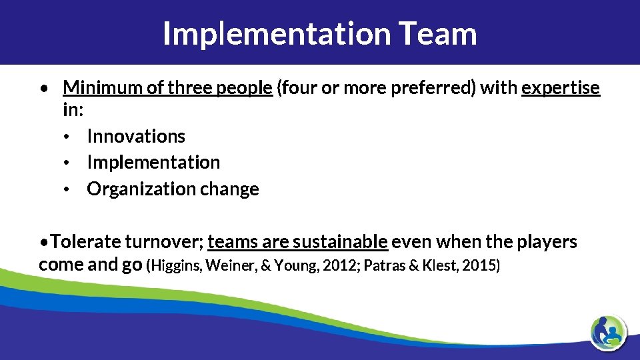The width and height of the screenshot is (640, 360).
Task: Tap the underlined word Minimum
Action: tap(98, 88)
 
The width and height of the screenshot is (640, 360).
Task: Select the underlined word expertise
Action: tap(561, 88)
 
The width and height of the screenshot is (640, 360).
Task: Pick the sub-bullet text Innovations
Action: tap(136, 136)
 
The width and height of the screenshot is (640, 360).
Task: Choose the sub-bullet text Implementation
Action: tap(153, 162)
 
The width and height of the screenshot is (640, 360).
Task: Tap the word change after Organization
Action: tap(229, 189)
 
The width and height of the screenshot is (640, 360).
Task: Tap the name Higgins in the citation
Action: tap(177, 265)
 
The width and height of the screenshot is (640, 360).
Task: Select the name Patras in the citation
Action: tap(383, 265)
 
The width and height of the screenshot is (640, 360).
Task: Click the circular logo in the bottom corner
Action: tap(608, 331)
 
